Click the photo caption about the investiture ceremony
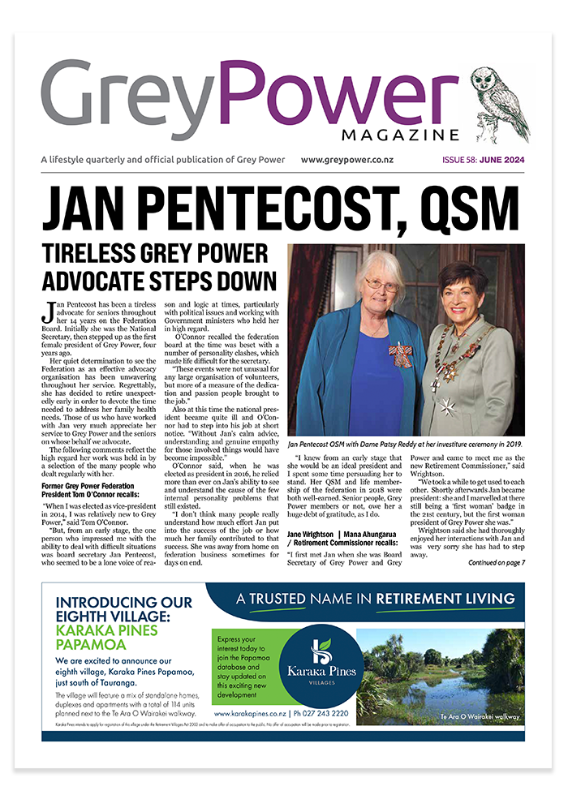click(407, 446)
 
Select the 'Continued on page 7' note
click(496, 562)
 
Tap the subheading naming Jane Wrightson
click(348, 533)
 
